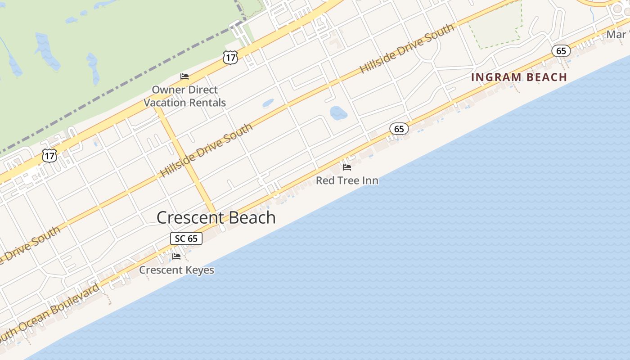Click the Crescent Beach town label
[x=216, y=218]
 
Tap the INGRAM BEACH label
[x=519, y=77]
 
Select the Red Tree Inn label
[x=347, y=180]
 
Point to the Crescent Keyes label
[x=176, y=270]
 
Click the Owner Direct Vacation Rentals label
[x=184, y=96]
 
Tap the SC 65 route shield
[x=186, y=238]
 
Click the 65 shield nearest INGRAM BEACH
[x=561, y=51]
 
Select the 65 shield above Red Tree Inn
[x=399, y=129]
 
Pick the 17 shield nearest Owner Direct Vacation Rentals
[x=229, y=57]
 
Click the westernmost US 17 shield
[x=49, y=156]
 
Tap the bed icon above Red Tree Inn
[x=347, y=167]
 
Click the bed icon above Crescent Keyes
[x=176, y=256]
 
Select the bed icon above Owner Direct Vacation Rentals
[x=184, y=76]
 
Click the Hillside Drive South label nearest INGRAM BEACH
[x=407, y=49]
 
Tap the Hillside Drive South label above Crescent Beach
[x=207, y=150]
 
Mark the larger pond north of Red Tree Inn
[x=338, y=112]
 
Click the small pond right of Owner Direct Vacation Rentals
[x=268, y=103]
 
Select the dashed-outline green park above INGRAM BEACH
[x=495, y=27]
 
